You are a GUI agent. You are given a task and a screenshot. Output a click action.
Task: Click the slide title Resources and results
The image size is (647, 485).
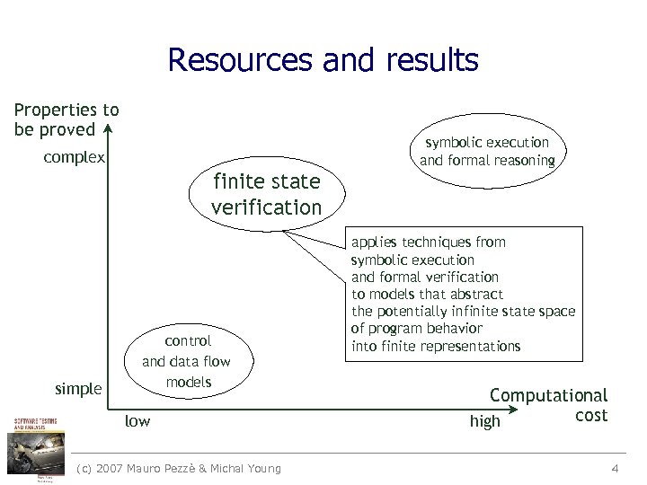pyautogui.click(x=323, y=61)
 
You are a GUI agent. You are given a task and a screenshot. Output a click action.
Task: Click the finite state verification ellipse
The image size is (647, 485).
pyautogui.click(x=266, y=194)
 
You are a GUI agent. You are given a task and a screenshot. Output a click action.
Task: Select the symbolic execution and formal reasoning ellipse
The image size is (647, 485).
pyautogui.click(x=486, y=151)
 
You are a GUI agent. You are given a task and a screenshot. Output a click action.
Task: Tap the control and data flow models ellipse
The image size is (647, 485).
pyautogui.click(x=188, y=361)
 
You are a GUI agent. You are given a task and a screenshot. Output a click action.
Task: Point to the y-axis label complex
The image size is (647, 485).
pyautogui.click(x=75, y=158)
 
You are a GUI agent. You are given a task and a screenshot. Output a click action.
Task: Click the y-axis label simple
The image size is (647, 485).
pyautogui.click(x=78, y=389)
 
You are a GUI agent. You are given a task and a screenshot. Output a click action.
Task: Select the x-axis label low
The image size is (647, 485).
pyautogui.click(x=137, y=420)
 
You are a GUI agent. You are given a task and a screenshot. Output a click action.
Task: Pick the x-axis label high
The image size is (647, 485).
pyautogui.click(x=484, y=421)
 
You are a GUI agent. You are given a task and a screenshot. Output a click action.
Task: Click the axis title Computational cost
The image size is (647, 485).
pyautogui.click(x=549, y=404)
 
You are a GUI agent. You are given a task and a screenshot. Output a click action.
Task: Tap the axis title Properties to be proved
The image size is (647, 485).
pyautogui.click(x=66, y=119)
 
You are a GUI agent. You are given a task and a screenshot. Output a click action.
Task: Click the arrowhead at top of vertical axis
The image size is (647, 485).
pyautogui.click(x=107, y=128)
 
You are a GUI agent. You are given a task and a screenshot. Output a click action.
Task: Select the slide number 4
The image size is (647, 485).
pyautogui.click(x=615, y=468)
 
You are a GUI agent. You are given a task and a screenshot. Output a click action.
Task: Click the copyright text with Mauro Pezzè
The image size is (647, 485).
pyautogui.click(x=179, y=468)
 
